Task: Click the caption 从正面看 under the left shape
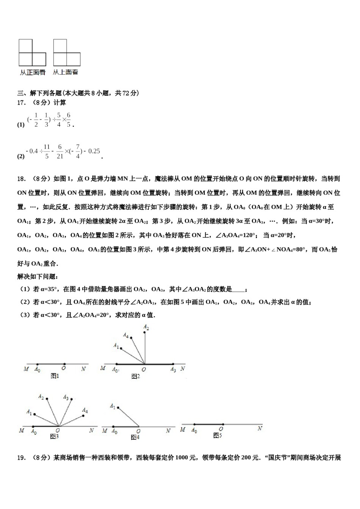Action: click(33, 72)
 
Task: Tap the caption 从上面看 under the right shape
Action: click(66, 72)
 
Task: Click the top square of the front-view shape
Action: click(25, 46)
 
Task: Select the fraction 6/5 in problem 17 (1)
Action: click(69, 120)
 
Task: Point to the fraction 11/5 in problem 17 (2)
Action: click(47, 151)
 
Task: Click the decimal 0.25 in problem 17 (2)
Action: click(94, 151)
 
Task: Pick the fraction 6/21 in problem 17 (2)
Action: click(60, 151)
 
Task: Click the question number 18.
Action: click(22, 178)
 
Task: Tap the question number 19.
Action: click(22, 457)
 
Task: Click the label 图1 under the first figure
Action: click(55, 376)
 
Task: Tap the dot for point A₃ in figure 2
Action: click(173, 364)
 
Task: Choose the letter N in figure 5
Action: click(260, 428)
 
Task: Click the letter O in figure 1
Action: click(64, 368)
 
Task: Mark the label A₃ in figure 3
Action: click(66, 397)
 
